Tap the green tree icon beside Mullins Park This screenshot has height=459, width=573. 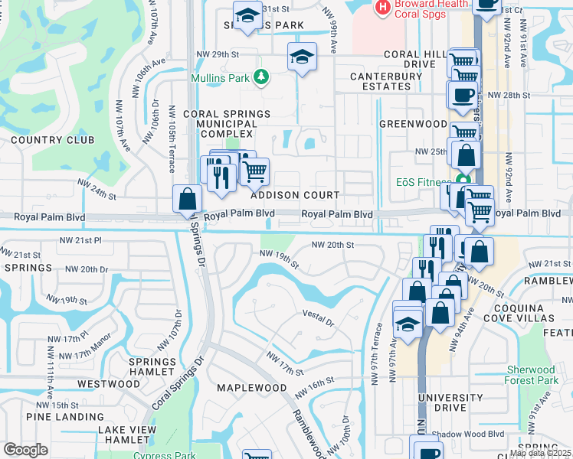261,77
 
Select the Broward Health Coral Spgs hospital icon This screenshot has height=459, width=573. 381,8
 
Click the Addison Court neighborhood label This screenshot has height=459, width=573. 295,195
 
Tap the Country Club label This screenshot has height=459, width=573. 53,140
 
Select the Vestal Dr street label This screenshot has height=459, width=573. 319,317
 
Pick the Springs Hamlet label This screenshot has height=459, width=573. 152,367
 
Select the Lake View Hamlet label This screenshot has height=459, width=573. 124,435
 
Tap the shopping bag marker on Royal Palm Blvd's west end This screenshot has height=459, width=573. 187,200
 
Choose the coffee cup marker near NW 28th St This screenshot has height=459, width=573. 461,95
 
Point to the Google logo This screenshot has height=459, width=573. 25,449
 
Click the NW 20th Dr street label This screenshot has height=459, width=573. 87,269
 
